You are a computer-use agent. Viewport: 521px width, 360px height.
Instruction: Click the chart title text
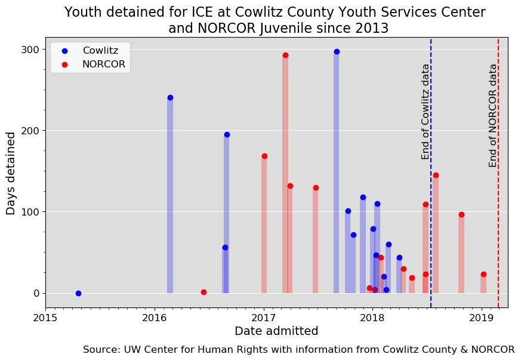click(275, 20)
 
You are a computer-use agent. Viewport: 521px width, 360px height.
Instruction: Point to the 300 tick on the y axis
click(30, 50)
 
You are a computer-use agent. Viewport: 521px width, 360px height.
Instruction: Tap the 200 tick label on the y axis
click(30, 131)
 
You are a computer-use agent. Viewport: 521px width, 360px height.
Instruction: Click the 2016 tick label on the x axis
click(155, 318)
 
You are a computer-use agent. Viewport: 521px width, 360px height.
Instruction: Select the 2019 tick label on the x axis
click(482, 318)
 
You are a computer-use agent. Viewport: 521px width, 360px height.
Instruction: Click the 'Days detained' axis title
click(11, 174)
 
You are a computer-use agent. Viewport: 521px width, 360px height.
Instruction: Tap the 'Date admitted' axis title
click(276, 331)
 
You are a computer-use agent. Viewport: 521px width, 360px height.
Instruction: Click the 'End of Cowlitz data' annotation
click(425, 112)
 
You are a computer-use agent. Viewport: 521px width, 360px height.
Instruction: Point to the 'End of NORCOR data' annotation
click(492, 116)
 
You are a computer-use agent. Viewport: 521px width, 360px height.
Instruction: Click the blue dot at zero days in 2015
click(78, 294)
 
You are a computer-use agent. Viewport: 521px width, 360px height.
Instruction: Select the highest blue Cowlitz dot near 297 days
click(337, 51)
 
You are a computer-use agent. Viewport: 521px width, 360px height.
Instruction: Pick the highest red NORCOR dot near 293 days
click(285, 55)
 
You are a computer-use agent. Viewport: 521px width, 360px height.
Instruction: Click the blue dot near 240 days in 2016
click(170, 98)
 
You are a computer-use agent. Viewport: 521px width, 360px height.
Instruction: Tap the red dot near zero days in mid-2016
click(204, 293)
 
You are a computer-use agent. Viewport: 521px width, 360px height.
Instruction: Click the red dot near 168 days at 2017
click(264, 156)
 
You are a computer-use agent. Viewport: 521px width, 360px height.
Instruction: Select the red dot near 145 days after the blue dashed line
click(436, 175)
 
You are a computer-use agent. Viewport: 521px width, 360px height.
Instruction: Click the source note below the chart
click(298, 350)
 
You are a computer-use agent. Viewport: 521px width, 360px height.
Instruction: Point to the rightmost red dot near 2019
click(483, 275)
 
